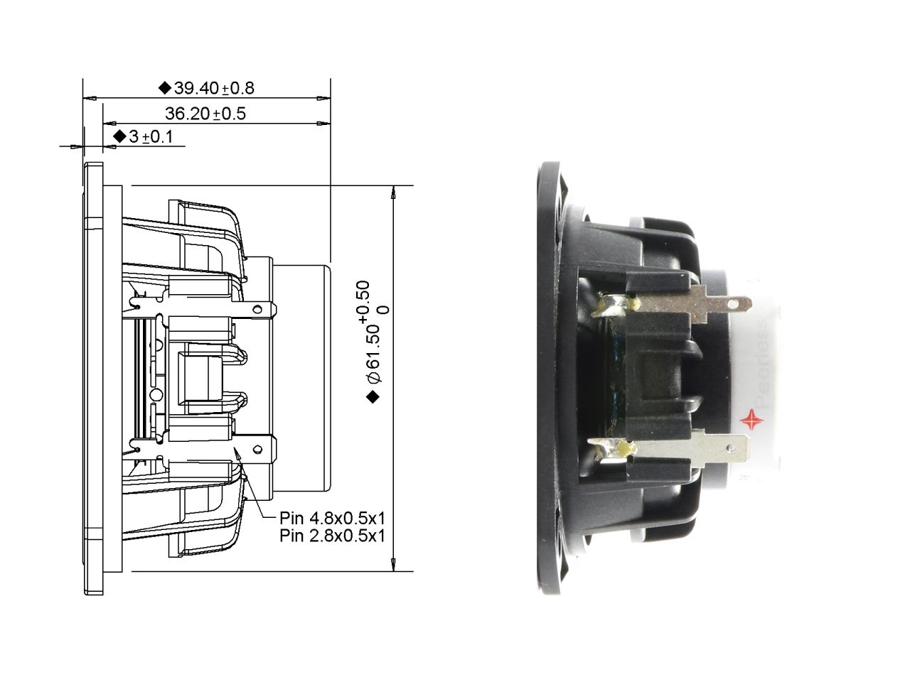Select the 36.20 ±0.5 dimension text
pos(205,113)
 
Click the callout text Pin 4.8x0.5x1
pos(332,517)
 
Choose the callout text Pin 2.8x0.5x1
pos(332,536)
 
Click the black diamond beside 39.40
pos(164,88)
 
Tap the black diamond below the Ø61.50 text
pos(372,398)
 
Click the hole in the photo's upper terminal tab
pos(736,304)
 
